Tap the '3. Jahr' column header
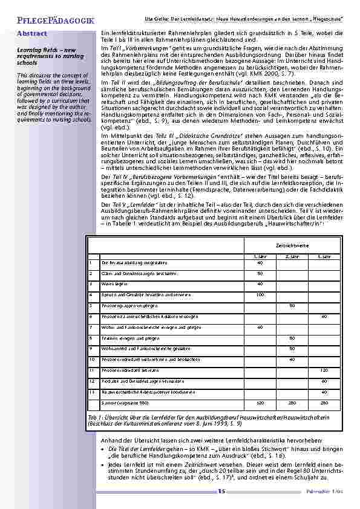pos(324,256)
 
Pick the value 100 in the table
pos(260,294)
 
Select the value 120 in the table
pos(324,369)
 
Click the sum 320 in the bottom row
pos(260,402)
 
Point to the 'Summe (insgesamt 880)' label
pos(125,402)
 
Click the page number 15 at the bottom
pos(222,492)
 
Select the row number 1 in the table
pos(91,262)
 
